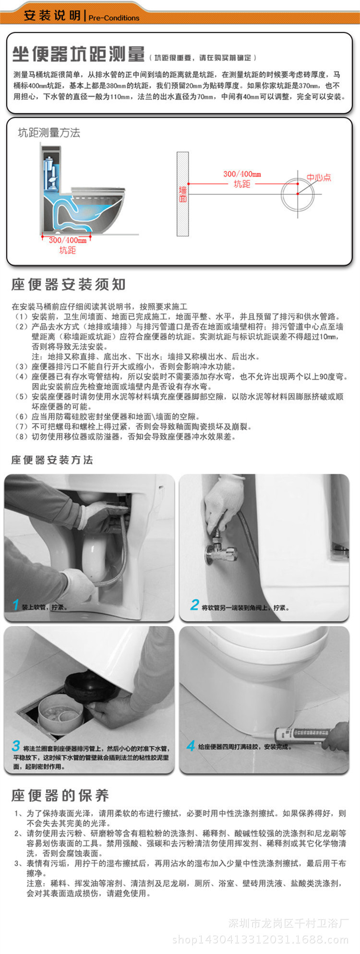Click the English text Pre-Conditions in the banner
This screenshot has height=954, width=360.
[x=114, y=18]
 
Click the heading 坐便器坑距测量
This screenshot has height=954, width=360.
[x=79, y=54]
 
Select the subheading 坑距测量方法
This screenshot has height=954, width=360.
[x=49, y=133]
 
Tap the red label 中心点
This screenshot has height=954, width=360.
[x=319, y=177]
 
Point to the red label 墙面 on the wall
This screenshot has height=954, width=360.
[x=183, y=194]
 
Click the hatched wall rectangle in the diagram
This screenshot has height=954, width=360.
[x=182, y=194]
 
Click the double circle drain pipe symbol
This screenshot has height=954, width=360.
[x=298, y=194]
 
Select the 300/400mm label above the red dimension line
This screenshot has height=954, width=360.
[x=242, y=174]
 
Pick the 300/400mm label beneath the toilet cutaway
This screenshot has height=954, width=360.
[x=68, y=239]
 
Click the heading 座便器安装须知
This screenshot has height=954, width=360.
[x=69, y=285]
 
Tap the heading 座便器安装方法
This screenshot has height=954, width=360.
[x=52, y=460]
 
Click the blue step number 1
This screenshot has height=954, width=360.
[x=15, y=605]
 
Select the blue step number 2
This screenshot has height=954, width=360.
[x=194, y=605]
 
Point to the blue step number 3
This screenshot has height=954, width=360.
[x=16, y=746]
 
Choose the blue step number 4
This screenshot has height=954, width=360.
[x=191, y=746]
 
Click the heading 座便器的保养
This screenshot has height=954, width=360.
[x=60, y=795]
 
